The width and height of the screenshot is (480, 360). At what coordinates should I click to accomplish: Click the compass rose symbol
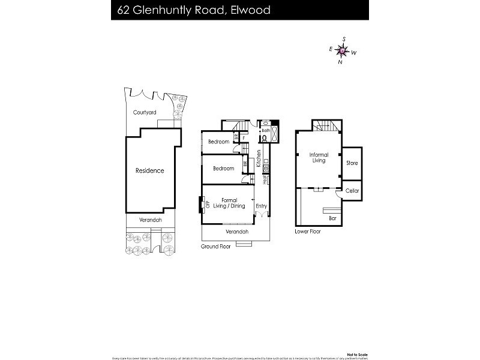click(x=342, y=52)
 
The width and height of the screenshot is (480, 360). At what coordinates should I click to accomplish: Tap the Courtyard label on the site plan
click(x=145, y=112)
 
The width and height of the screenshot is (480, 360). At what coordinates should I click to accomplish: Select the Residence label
click(x=149, y=170)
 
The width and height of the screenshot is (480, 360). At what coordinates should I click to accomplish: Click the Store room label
click(x=352, y=163)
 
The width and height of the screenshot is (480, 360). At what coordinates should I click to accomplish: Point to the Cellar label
click(x=352, y=191)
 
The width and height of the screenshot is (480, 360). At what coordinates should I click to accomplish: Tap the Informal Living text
click(x=319, y=158)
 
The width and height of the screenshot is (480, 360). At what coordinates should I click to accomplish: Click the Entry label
click(x=261, y=206)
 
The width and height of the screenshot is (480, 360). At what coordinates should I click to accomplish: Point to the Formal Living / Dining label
click(x=229, y=203)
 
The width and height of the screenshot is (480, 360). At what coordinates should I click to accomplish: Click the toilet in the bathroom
click(x=264, y=137)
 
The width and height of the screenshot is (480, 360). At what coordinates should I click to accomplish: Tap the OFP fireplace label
click(x=207, y=204)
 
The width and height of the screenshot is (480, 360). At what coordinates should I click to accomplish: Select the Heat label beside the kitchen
click(x=265, y=179)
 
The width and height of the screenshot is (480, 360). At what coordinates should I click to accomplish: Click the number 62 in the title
click(x=124, y=10)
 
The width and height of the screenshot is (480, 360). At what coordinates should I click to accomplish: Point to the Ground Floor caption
click(x=215, y=247)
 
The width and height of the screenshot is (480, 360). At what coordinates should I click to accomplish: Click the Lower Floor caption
click(x=308, y=231)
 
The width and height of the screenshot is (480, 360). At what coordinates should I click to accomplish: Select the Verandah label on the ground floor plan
click(x=236, y=232)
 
